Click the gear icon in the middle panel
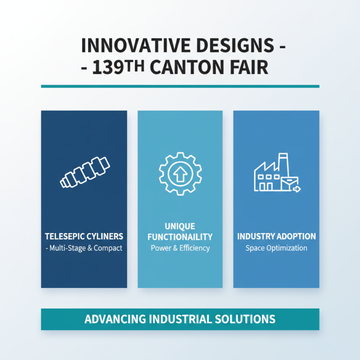tap(180, 173)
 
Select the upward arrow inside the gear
tap(180, 173)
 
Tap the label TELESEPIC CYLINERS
tap(84, 236)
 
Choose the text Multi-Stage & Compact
tap(86, 248)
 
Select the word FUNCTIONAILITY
tap(180, 237)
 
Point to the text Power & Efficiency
tap(180, 248)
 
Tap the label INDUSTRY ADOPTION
tap(276, 236)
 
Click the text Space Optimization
tap(276, 248)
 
